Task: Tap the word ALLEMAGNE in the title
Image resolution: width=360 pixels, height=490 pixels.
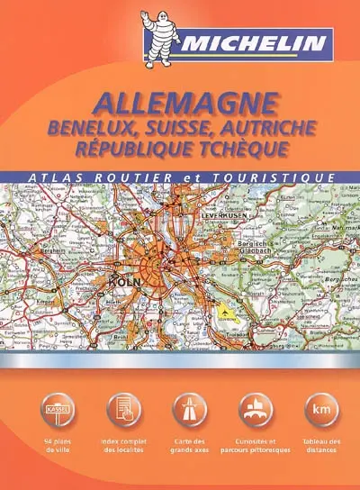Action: pyautogui.click(x=179, y=101)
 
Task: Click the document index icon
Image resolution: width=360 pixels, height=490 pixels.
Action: pyautogui.click(x=123, y=411)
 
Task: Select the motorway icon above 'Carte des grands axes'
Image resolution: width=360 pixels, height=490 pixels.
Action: pyautogui.click(x=189, y=411)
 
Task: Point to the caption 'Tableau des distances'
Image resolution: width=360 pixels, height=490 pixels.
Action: pyautogui.click(x=319, y=446)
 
